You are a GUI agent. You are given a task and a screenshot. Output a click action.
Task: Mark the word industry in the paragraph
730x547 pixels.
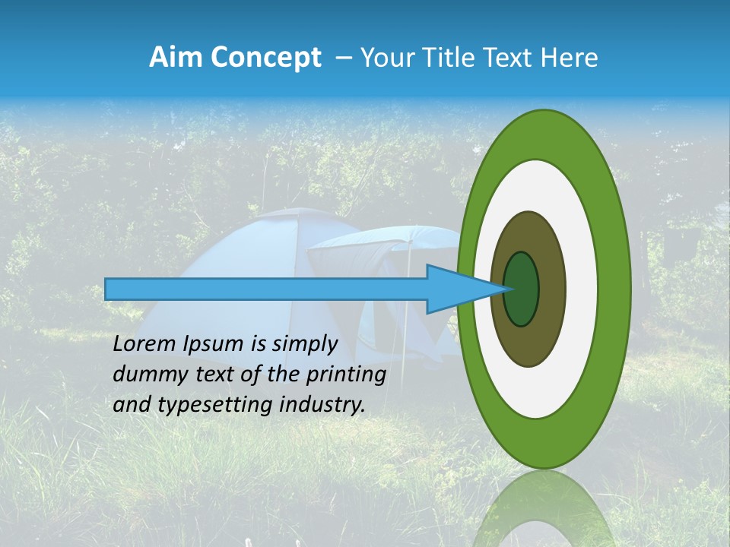(x=322, y=405)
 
